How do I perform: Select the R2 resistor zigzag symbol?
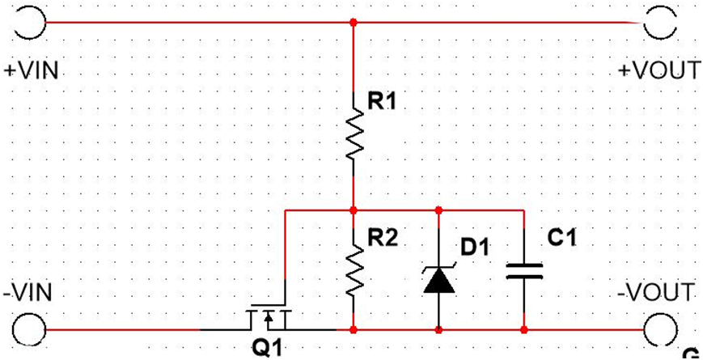(354, 270)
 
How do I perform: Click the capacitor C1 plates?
(523, 270)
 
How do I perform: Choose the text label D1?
(476, 246)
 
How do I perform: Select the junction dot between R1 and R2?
(354, 210)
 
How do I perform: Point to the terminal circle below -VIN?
(28, 330)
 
